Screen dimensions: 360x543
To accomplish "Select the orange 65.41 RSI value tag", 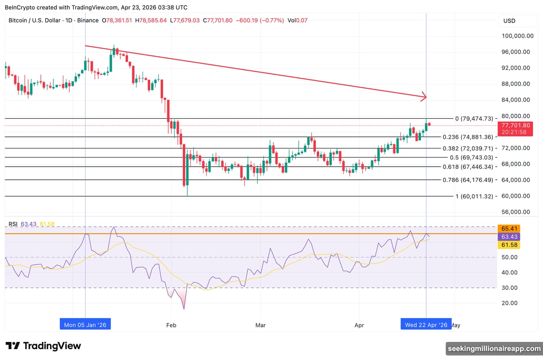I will [x=507, y=229].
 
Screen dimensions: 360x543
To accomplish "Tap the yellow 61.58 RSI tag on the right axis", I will [x=507, y=245].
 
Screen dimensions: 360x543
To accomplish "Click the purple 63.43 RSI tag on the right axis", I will [x=507, y=237].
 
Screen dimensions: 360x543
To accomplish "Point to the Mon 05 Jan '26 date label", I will [x=85, y=325].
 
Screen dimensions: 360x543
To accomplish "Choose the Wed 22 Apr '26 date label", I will [x=426, y=325].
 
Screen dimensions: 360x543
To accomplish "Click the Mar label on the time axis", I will [x=261, y=325].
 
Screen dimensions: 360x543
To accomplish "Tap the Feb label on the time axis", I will [x=171, y=325].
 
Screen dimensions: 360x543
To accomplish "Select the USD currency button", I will [x=509, y=21].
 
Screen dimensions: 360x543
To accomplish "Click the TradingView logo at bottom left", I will [x=43, y=346].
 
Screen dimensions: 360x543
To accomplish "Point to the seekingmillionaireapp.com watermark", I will [x=494, y=348].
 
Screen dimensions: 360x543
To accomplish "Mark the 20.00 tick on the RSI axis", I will [x=509, y=303].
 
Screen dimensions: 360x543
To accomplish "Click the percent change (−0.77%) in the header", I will [x=271, y=20].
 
